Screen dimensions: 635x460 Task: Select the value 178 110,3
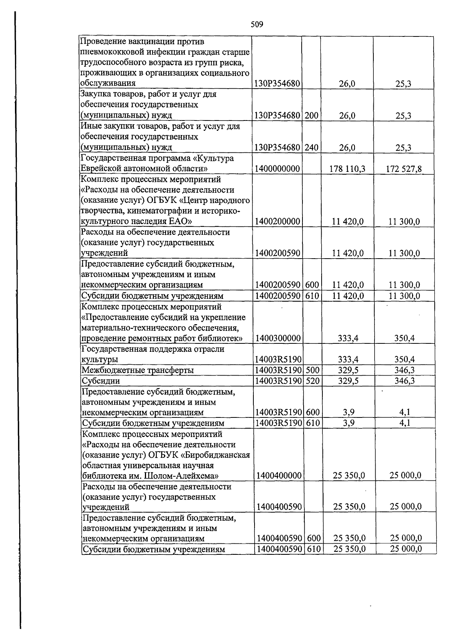[x=347, y=168]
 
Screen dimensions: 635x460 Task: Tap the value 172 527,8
[x=404, y=168]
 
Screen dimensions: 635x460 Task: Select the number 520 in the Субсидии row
[x=313, y=381]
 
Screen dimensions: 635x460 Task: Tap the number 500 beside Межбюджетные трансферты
[x=313, y=370]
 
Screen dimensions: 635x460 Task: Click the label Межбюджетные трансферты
[x=138, y=370]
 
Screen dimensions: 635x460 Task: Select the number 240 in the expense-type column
[x=312, y=147]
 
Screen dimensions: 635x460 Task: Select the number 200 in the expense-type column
[x=312, y=115]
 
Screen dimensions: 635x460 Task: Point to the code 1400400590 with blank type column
[x=279, y=507]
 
